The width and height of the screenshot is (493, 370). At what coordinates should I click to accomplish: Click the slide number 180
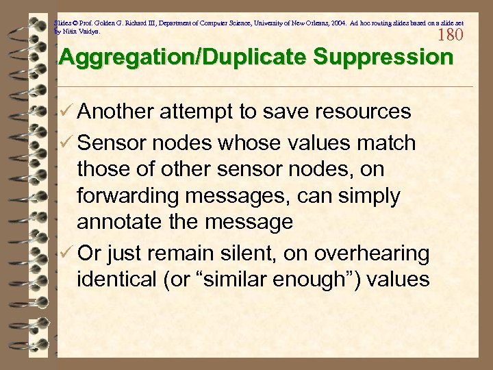(450, 35)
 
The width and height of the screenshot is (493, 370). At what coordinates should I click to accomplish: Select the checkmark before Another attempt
(66, 112)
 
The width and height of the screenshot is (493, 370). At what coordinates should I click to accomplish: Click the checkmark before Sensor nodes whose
(66, 143)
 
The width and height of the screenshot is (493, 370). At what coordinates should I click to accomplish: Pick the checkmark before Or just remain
(66, 254)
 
